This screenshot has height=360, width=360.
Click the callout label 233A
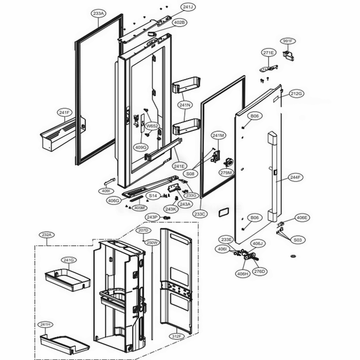coord(99,13)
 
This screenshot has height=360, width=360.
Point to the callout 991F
coord(288,41)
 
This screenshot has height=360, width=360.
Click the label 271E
coord(268,53)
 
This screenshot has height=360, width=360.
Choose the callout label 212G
coord(296,93)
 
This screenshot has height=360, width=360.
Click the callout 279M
coord(226,173)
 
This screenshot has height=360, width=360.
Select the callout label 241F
coord(64,112)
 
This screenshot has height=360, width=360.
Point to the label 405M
coord(139,208)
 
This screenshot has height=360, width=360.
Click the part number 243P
coord(153,217)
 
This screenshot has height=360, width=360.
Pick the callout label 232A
coord(47,234)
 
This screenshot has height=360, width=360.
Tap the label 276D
coord(259,272)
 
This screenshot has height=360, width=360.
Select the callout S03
coord(297,240)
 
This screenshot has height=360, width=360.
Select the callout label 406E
coord(302,217)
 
